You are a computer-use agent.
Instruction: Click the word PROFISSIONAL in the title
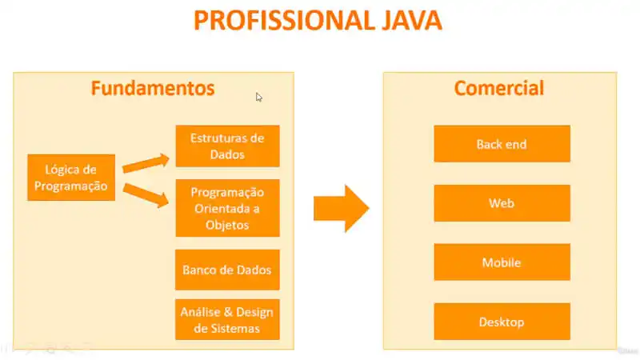pyautogui.click(x=284, y=21)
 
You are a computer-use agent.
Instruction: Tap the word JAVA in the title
pyautogui.click(x=412, y=21)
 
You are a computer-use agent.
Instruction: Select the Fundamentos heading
pyautogui.click(x=153, y=88)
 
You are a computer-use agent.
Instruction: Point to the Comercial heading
pyautogui.click(x=499, y=88)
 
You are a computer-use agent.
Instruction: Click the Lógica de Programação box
pyautogui.click(x=71, y=178)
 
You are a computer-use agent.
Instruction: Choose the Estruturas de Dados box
pyautogui.click(x=227, y=146)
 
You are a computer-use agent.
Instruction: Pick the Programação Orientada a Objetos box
pyautogui.click(x=227, y=208)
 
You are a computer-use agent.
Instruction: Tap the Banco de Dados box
pyautogui.click(x=227, y=270)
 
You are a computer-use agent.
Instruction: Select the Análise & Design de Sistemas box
pyautogui.click(x=227, y=319)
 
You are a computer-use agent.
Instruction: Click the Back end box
pyautogui.click(x=502, y=144)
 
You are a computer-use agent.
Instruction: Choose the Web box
pyautogui.click(x=502, y=203)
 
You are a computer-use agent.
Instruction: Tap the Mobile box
pyautogui.click(x=502, y=262)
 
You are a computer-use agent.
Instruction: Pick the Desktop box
pyautogui.click(x=502, y=322)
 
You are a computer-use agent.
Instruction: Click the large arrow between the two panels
pyautogui.click(x=342, y=209)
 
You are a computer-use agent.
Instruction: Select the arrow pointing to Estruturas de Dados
pyautogui.click(x=146, y=163)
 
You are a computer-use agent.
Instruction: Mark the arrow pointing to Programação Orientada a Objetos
pyautogui.click(x=146, y=195)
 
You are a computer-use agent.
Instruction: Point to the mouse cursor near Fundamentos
pyautogui.click(x=258, y=97)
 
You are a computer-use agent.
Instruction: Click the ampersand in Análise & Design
pyautogui.click(x=227, y=312)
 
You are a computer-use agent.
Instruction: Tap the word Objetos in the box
pyautogui.click(x=227, y=225)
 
